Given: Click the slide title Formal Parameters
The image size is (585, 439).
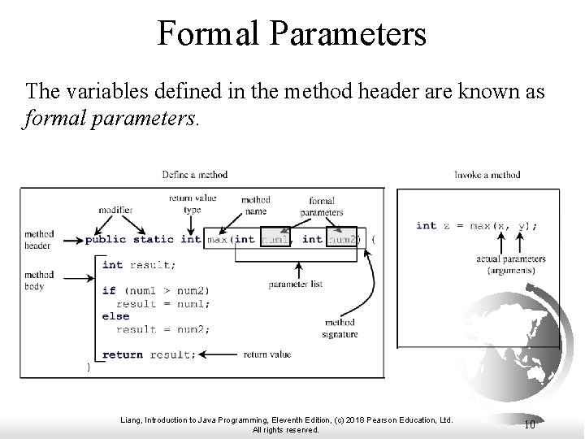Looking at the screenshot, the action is pos(292,35).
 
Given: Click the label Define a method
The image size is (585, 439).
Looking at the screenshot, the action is pos(195,174).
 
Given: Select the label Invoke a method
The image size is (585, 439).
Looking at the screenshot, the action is pos(487,174).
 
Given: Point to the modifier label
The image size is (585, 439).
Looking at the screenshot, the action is pos(115,209).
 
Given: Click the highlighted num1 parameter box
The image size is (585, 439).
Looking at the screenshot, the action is pos(274,238).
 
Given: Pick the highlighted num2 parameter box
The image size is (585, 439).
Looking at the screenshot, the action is pos(341,238).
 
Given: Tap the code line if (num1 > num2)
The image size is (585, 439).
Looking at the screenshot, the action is pos(155,290).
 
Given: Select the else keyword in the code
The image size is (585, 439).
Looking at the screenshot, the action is pos(115,316).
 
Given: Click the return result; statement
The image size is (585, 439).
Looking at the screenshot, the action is pos(149,354).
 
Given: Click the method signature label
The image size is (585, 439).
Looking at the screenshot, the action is pos(339,328).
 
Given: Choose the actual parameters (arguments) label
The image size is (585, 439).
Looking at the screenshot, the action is pos(511,264).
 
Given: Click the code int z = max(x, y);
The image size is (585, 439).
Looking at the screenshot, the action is pos(476,225).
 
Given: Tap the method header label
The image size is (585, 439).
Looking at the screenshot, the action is pos(37,239).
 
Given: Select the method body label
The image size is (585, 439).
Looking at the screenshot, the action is pos(37,280).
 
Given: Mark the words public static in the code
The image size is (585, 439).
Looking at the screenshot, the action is pos(130,239).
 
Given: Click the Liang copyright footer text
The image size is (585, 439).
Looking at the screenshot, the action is pos(286,424).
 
